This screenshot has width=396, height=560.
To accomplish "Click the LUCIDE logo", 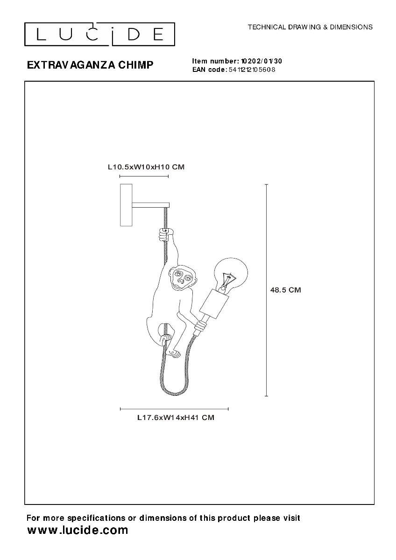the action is [x=99, y=34].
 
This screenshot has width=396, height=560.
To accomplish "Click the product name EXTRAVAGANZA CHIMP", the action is [x=90, y=65].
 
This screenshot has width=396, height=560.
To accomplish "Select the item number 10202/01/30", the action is [x=261, y=61].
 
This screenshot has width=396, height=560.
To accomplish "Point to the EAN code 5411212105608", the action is [x=252, y=70].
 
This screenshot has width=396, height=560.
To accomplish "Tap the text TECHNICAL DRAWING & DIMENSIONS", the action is [x=310, y=27].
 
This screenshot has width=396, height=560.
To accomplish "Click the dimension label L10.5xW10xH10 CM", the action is [x=146, y=167].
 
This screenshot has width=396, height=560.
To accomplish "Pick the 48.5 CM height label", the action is [x=285, y=290].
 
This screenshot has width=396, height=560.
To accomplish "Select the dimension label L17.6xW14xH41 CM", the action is [x=176, y=418].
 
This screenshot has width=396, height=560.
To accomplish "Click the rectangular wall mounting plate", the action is [x=126, y=205].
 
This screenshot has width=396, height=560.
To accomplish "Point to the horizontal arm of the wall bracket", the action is [x=150, y=205].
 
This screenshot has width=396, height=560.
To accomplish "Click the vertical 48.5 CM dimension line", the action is [x=267, y=290].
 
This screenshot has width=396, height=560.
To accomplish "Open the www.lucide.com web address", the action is [x=78, y=530].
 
